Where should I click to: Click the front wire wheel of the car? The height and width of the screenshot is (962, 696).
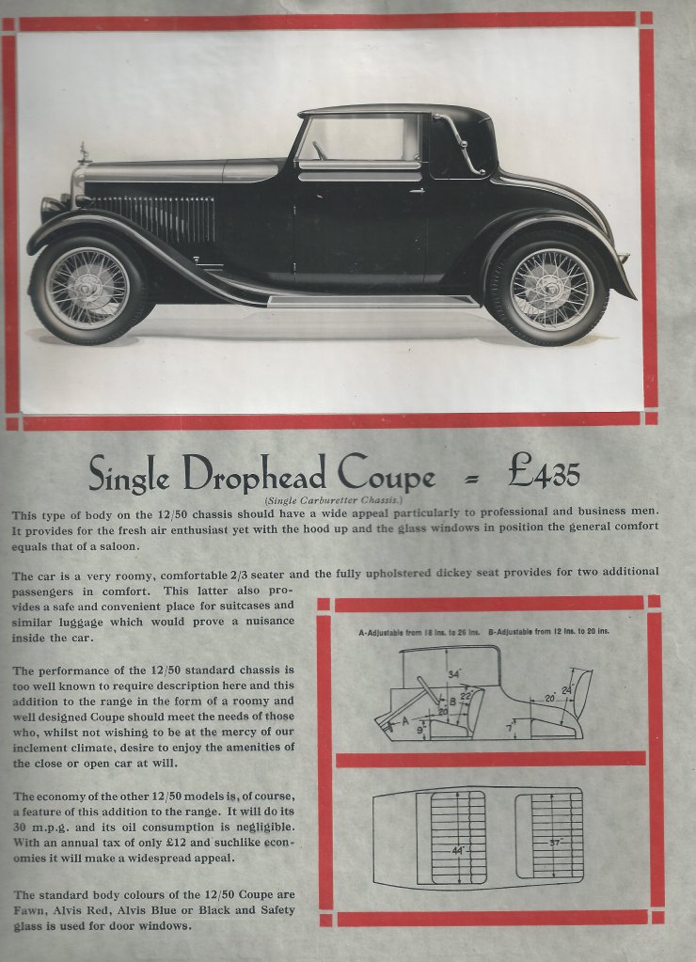[87, 287]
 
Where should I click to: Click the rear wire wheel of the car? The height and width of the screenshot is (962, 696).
[551, 289]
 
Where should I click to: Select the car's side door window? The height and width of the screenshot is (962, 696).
[358, 138]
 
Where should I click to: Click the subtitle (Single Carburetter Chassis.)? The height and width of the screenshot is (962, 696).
[327, 500]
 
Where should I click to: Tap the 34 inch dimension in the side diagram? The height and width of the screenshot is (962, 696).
[453, 673]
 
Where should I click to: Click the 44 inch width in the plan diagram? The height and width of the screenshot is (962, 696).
[458, 850]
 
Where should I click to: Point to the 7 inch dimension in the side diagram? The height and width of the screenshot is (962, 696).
[509, 727]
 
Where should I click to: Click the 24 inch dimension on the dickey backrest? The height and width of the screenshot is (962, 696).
[566, 691]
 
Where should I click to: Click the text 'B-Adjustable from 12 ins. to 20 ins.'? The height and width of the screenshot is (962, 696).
[549, 631]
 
